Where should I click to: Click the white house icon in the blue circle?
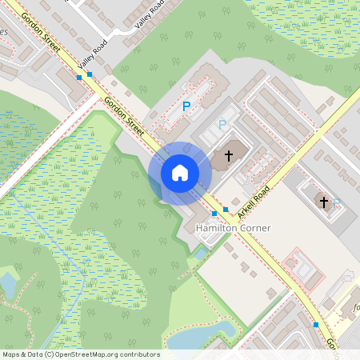tap(179, 172)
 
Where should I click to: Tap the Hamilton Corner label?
tap(233, 228)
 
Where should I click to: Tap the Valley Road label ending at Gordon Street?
tap(93, 56)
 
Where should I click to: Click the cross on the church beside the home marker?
tap(229, 155)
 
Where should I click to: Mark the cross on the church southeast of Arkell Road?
tap(325, 201)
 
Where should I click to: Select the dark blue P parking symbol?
tap(186, 106)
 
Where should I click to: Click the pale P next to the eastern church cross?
tap(337, 202)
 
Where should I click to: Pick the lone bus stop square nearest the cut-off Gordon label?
tap(316, 325)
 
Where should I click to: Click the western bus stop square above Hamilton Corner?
tap(214, 214)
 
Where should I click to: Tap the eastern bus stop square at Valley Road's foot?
tap(90, 74)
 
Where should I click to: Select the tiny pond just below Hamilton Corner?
tap(199, 254)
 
